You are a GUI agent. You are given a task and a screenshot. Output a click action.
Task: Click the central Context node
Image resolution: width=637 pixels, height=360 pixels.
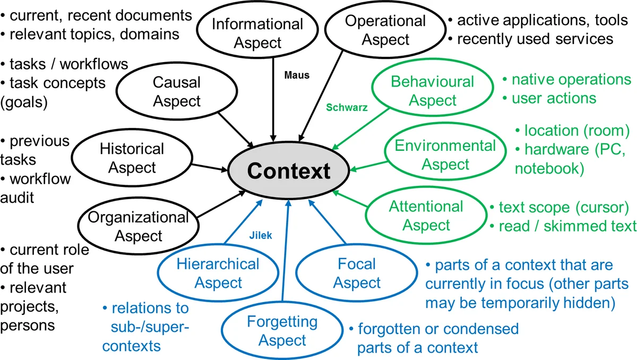[288, 171]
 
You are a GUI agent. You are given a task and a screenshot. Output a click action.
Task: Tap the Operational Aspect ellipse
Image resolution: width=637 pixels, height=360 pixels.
[385, 30]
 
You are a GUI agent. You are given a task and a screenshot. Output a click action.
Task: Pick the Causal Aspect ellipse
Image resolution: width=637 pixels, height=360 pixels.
[176, 91]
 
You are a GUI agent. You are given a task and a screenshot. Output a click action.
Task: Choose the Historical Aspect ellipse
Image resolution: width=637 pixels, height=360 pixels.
[132, 158]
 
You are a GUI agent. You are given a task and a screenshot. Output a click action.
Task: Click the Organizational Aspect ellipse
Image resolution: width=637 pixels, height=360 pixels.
[138, 226]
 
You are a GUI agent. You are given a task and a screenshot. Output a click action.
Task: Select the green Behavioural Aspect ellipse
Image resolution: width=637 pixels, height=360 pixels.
[432, 91]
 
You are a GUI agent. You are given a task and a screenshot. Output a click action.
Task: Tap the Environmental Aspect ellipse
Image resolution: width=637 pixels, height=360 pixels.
[445, 155]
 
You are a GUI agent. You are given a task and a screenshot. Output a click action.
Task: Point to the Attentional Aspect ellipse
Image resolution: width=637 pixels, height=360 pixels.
[426, 216]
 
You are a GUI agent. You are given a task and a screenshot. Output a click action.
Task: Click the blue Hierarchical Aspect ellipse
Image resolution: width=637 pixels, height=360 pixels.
[218, 273]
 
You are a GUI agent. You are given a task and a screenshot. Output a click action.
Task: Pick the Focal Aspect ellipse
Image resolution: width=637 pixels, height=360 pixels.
[357, 273]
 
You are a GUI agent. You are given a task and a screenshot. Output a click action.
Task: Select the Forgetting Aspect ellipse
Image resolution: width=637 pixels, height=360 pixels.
[282, 330]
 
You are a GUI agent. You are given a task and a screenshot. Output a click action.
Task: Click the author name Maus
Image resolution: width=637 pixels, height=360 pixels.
[297, 76]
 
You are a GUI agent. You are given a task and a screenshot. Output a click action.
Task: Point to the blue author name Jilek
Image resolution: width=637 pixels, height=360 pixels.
[261, 236]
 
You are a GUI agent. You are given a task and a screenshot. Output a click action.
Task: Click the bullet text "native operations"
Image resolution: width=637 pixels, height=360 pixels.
[571, 80]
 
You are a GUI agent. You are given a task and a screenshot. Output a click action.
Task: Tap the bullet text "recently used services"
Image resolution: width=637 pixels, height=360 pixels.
[535, 39]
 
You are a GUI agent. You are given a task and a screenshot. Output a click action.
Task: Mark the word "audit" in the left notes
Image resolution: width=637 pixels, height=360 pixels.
[18, 198]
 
